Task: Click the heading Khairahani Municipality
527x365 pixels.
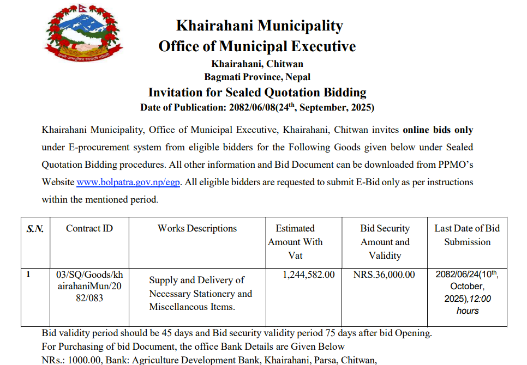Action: pos(259,26)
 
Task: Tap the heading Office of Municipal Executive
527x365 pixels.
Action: pos(257,46)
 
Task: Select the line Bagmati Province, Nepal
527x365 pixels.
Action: pos(257,77)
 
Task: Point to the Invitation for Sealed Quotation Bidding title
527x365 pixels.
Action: pos(257,92)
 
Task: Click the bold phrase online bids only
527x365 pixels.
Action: pos(438,130)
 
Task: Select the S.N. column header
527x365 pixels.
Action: pos(35,229)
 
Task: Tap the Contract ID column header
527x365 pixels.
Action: pos(89,229)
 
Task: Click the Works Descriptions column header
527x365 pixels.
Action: pos(197,229)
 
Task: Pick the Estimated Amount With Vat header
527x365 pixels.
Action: pos(295,242)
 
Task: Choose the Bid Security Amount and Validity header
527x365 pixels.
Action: pos(385,242)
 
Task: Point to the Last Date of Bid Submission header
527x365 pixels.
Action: pos(467,235)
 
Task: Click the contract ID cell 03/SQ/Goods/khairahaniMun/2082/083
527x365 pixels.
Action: pos(89,287)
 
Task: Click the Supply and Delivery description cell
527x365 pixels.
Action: pos(200,294)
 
